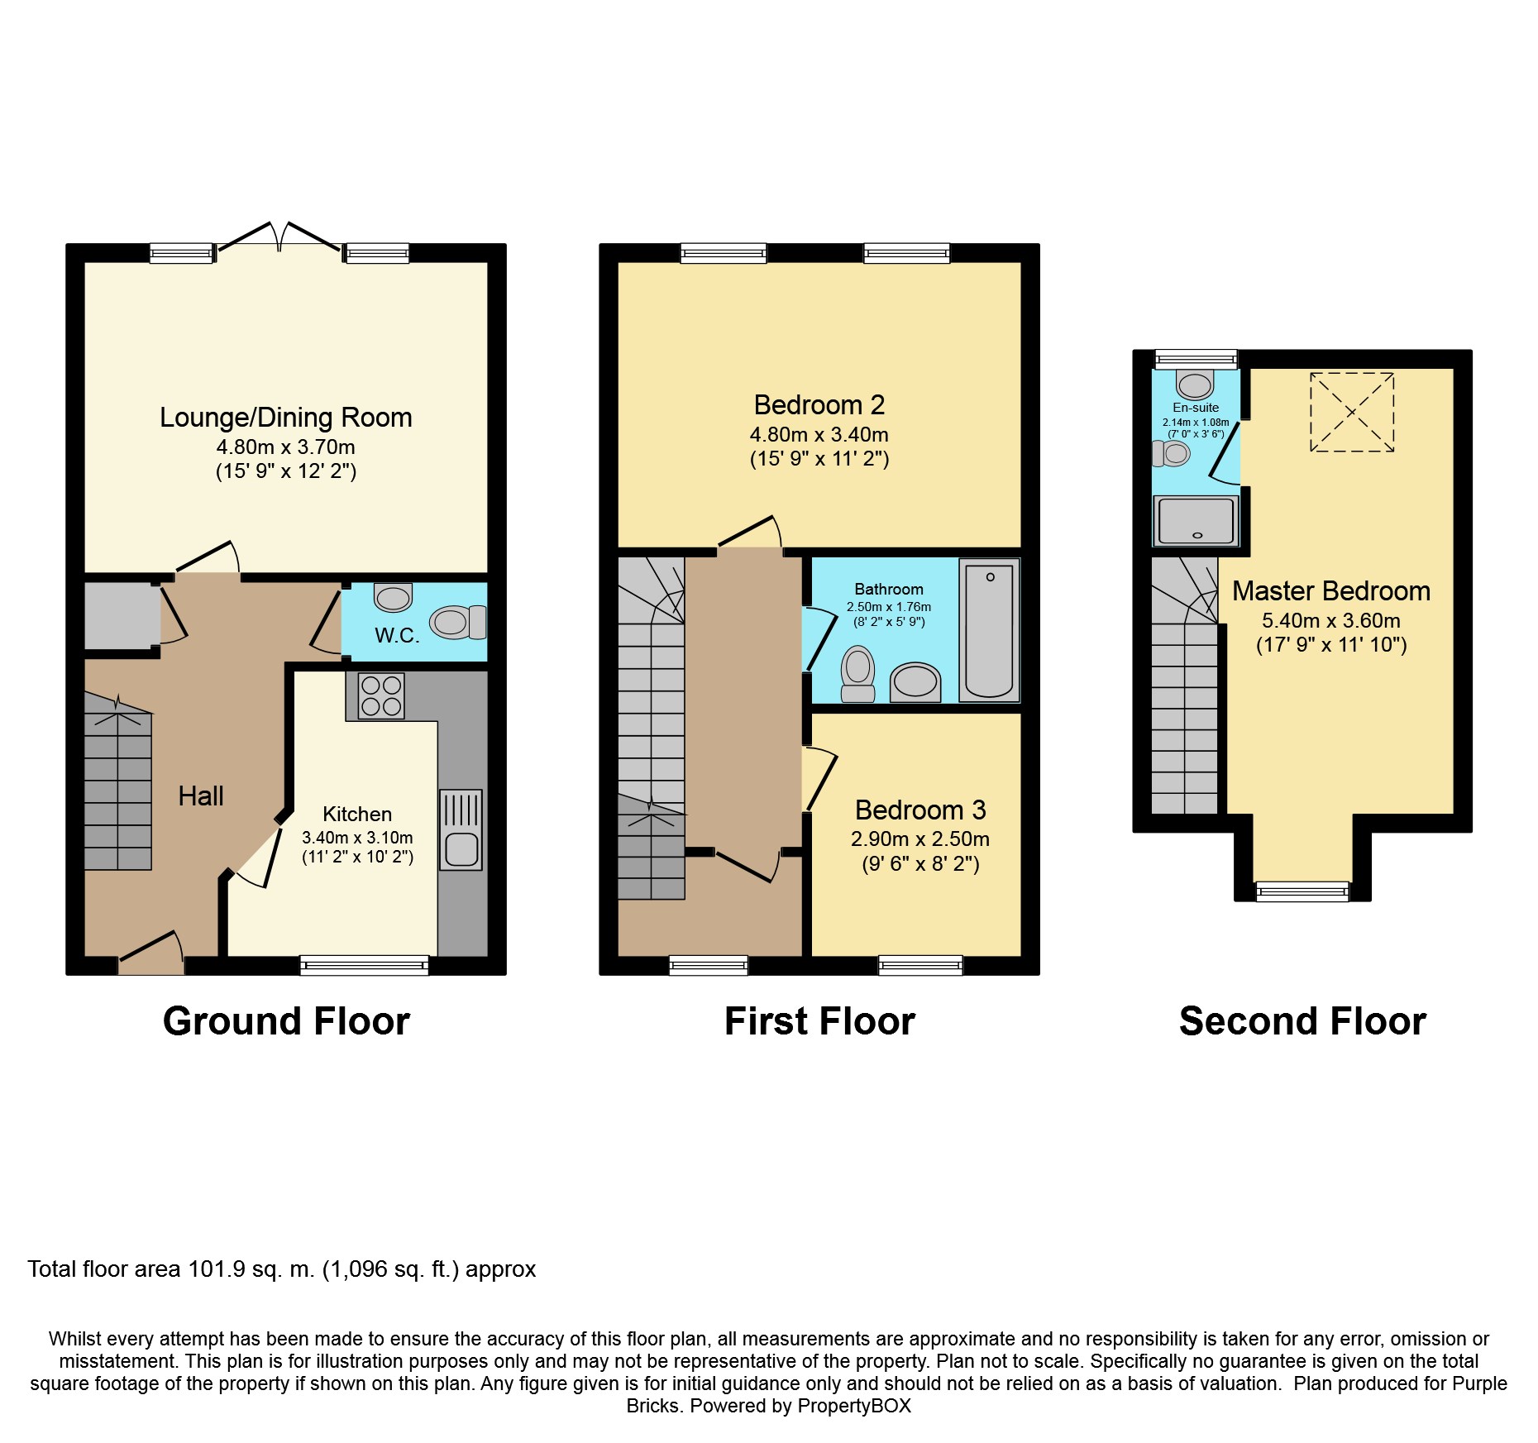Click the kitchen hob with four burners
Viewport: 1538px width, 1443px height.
tap(381, 695)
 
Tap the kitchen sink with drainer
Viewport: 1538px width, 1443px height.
tap(461, 829)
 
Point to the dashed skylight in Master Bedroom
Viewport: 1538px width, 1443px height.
tap(1352, 412)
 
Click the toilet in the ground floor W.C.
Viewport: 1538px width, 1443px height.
tap(458, 622)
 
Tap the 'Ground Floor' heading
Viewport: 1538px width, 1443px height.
tap(286, 1021)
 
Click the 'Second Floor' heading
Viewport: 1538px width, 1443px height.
tap(1302, 1021)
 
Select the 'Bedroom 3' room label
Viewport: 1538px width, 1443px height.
tap(920, 810)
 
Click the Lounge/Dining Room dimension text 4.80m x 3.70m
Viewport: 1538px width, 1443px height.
tap(286, 447)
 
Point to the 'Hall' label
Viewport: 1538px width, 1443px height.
tap(201, 796)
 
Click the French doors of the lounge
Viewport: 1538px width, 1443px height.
tap(279, 237)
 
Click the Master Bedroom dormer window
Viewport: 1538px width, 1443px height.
tap(1302, 891)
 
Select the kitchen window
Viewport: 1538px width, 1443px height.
tap(364, 965)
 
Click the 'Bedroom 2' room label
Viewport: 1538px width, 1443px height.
tap(819, 405)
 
